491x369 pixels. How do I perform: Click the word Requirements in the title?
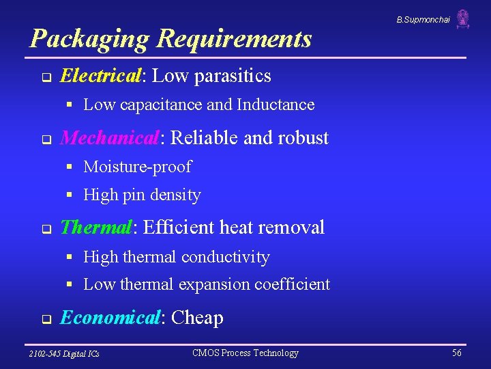click(x=233, y=39)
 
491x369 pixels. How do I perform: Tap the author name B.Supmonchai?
click(x=423, y=20)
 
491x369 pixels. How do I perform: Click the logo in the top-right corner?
click(x=463, y=18)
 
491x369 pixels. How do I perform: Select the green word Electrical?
click(x=100, y=76)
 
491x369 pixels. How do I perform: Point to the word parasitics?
click(x=233, y=77)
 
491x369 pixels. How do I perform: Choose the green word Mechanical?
click(x=110, y=138)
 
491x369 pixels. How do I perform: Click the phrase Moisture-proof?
click(x=137, y=167)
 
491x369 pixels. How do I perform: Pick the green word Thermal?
click(x=95, y=227)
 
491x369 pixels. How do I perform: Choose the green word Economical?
click(x=109, y=318)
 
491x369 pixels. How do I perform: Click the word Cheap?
click(x=197, y=318)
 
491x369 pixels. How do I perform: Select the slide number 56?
click(x=456, y=353)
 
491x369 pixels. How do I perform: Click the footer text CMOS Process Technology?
click(x=245, y=353)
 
